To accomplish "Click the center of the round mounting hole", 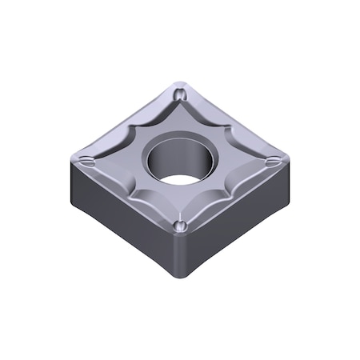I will (181, 159).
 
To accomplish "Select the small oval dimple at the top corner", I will (181, 93).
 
